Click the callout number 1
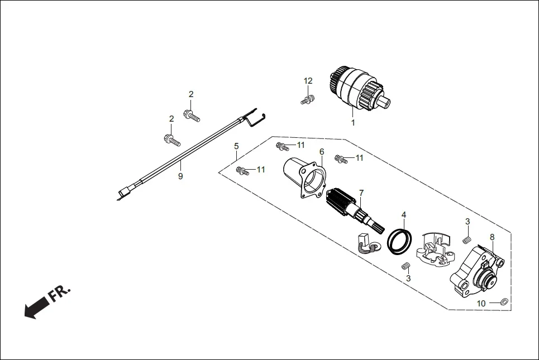352,122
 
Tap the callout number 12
308,81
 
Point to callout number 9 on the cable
180,176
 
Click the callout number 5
236,146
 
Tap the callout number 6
322,151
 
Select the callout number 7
361,193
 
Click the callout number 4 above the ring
404,214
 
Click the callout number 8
492,237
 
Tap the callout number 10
481,303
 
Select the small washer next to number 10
503,302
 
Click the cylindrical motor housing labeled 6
304,176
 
